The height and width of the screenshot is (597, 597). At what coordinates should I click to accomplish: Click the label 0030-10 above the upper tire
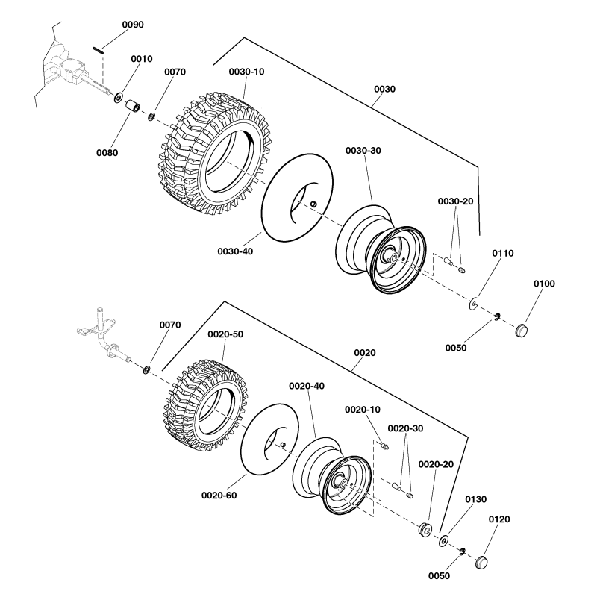[246, 72]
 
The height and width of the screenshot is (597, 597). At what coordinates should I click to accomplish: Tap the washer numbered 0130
[445, 540]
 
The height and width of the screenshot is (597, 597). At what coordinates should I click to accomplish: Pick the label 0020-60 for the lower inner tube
[219, 494]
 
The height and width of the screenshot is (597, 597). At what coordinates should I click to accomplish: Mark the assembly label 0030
[385, 89]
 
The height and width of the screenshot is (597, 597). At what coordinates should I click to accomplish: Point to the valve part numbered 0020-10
[384, 445]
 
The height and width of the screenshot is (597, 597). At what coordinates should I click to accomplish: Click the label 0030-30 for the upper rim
[363, 151]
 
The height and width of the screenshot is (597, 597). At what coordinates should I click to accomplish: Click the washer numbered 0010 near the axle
[119, 98]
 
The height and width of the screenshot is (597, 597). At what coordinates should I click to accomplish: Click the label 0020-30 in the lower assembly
[406, 428]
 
